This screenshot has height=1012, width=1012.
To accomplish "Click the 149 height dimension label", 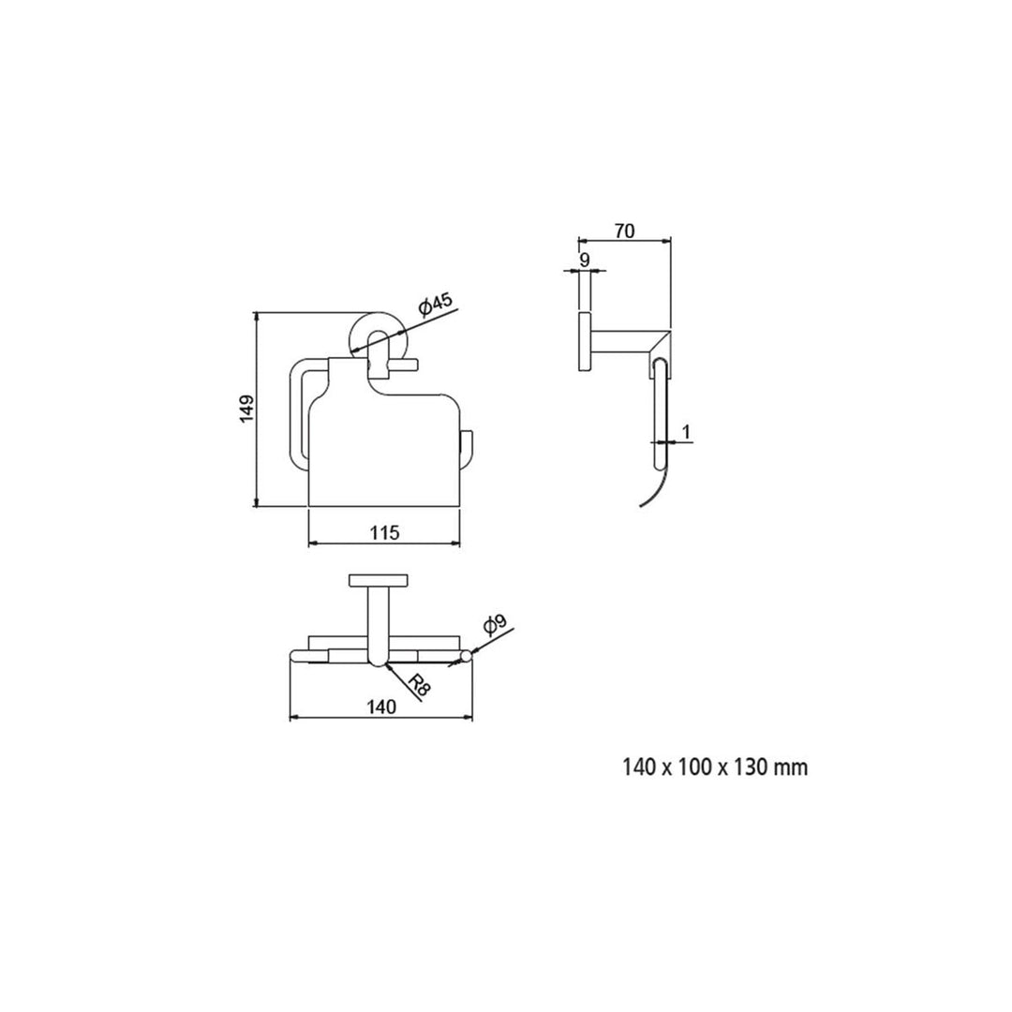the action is [x=246, y=409].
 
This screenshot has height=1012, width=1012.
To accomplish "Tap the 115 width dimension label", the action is [x=385, y=532].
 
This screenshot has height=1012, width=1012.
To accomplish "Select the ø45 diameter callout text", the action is [x=436, y=304].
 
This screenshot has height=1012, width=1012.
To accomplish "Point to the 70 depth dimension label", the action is [x=624, y=231].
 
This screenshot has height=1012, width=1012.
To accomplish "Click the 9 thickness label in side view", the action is [x=585, y=260].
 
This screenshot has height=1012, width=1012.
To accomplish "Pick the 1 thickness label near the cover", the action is [x=687, y=432].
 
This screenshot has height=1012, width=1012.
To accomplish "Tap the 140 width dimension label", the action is [x=381, y=707].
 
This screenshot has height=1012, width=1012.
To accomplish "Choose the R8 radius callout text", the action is [x=420, y=684].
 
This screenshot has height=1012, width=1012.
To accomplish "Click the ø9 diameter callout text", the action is [x=495, y=625].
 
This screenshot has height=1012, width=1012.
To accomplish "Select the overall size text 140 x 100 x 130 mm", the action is [x=715, y=767].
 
